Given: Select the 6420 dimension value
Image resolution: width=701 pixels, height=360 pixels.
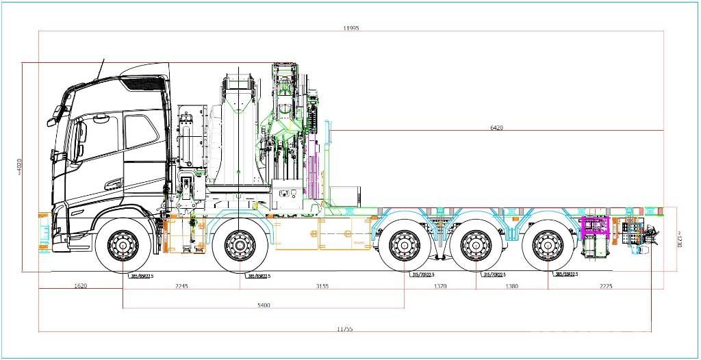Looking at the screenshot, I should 497,127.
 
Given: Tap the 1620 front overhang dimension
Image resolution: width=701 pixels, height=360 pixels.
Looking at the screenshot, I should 79,286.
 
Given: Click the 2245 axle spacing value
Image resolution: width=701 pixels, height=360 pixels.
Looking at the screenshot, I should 181,286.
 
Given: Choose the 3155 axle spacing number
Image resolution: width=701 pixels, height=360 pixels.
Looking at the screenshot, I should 322,286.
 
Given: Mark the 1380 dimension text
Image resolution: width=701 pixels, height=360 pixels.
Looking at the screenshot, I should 511,286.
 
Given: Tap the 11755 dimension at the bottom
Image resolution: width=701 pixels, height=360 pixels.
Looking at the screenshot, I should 345,329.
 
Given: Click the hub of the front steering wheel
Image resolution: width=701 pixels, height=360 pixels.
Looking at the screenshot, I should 123,245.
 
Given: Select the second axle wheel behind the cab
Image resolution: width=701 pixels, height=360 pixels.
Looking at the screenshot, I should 240,245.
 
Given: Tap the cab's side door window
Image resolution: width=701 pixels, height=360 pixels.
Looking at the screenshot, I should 141,131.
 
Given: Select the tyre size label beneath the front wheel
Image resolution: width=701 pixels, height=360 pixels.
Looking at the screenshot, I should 141,276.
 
